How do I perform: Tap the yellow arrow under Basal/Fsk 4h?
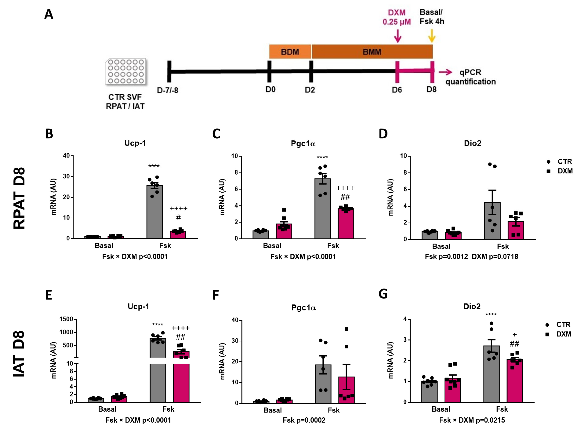(x=432, y=36)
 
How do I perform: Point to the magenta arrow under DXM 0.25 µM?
(x=397, y=36)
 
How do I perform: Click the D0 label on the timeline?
(x=270, y=90)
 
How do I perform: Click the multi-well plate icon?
(x=126, y=71)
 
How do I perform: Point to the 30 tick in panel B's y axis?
(x=66, y=177)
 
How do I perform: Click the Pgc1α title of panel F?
(x=303, y=308)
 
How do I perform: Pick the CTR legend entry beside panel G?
(x=558, y=325)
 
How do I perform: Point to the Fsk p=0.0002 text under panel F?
(x=304, y=420)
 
